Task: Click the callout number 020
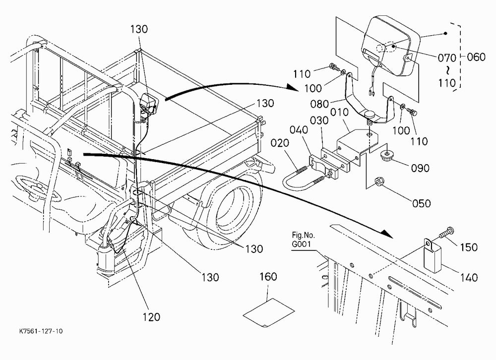pyautogui.click(x=280, y=143)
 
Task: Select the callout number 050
pyautogui.click(x=421, y=203)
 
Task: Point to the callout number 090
pyautogui.click(x=420, y=168)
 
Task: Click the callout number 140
pyautogui.click(x=469, y=278)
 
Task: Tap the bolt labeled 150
pyautogui.click(x=446, y=233)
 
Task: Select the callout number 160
pyautogui.click(x=268, y=277)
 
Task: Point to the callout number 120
pyautogui.click(x=151, y=317)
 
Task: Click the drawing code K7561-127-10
pyautogui.click(x=41, y=331)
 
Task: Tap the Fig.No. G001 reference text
pyautogui.click(x=304, y=240)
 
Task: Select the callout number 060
pyautogui.click(x=476, y=57)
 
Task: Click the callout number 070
pyautogui.click(x=447, y=58)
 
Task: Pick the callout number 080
pyautogui.click(x=319, y=104)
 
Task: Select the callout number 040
pyautogui.click(x=299, y=130)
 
